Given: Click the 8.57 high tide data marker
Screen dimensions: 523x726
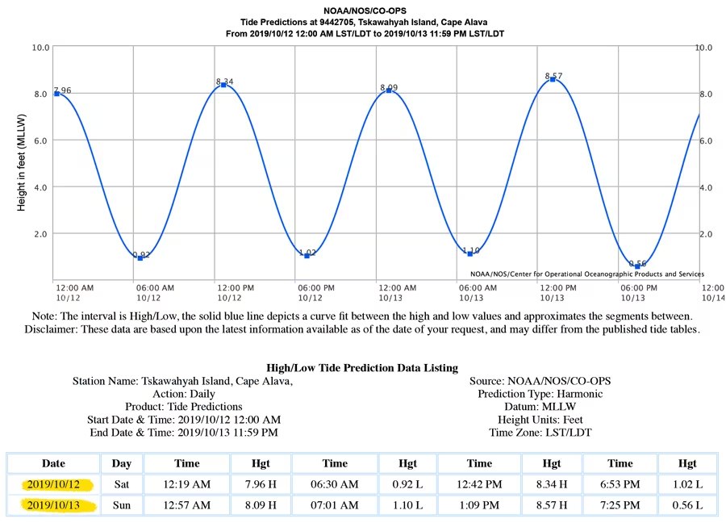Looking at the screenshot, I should pos(553,79).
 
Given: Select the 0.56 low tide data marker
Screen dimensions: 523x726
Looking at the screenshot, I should pos(637,266).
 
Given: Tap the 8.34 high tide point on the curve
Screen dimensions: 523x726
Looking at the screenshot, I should pos(223,85).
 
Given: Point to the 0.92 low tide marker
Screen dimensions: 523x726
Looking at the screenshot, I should pos(140,257).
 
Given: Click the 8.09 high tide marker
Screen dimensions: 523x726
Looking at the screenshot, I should pos(389,90).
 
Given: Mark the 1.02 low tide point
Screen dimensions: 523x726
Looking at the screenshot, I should pos(307,255).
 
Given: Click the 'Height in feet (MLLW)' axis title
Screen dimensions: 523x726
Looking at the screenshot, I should pos(22,164).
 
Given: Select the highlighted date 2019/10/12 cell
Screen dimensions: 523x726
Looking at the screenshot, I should pos(54,485).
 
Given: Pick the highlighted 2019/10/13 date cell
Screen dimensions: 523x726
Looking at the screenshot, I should pos(54,505).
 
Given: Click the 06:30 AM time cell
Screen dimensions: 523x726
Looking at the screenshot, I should pos(335,485).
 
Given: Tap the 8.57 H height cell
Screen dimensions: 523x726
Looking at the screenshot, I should pos(551,505).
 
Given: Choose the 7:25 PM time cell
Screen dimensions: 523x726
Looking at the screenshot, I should pos(620,505).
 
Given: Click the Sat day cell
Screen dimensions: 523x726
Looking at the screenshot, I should pos(122,485).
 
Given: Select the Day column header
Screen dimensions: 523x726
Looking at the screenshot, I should pos(122,463).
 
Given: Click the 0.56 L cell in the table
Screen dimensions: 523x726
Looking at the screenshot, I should pos(687,505).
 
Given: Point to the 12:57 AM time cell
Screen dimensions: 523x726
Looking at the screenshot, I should pos(187,505).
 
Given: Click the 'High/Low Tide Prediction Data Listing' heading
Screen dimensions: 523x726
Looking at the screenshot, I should pos(362,368).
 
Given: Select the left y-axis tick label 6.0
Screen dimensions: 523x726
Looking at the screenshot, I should pos(40,140).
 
